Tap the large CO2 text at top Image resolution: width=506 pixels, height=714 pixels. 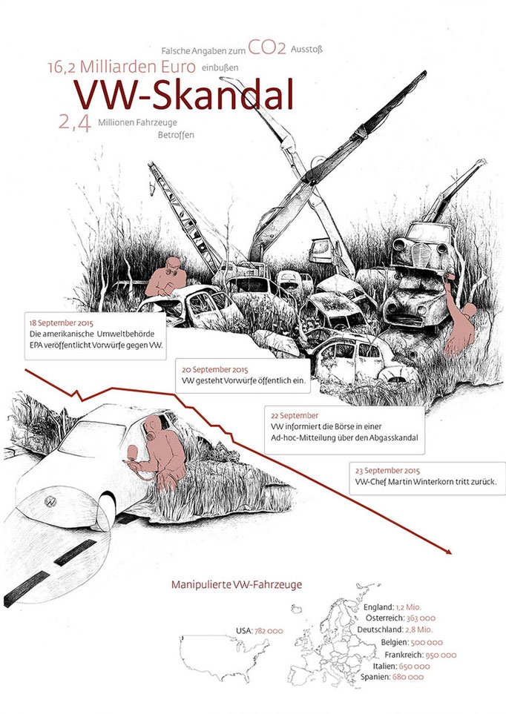click(267, 47)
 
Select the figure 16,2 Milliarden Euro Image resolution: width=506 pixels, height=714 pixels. click(122, 67)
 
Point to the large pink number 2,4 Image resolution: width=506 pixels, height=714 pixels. click(75, 122)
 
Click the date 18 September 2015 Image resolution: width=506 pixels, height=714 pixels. click(61, 323)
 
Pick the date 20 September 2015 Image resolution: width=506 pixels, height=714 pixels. click(214, 369)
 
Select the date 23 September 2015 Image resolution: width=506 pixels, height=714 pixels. click(387, 470)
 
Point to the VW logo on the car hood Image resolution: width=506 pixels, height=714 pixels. click(50, 501)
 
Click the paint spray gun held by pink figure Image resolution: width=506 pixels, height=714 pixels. click(133, 454)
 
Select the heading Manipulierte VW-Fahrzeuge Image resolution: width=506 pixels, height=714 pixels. click(237, 584)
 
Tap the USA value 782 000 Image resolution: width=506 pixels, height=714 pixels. click(269, 631)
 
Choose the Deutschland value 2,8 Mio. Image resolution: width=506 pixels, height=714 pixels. click(419, 629)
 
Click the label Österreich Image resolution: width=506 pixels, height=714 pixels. click(385, 618)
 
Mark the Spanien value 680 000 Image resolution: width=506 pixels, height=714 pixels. click(408, 677)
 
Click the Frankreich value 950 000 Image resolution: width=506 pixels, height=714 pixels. click(441, 655)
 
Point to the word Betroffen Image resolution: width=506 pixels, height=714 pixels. click(176, 135)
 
